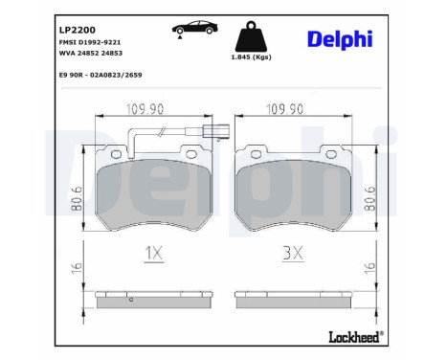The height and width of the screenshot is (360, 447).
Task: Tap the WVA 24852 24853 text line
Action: pyautogui.click(x=90, y=55)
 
